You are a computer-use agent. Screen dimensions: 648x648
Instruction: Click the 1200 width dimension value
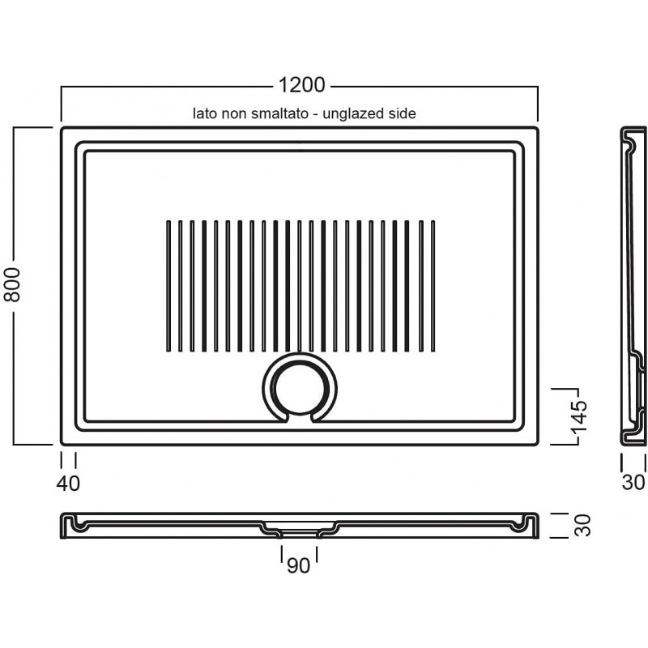click(x=301, y=85)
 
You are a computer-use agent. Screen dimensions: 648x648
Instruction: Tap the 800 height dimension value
click(x=12, y=284)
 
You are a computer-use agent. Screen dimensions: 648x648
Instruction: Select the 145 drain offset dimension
click(x=579, y=416)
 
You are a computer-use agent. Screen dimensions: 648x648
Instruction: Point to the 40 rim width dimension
click(x=68, y=483)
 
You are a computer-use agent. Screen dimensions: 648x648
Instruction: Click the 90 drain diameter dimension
click(x=298, y=565)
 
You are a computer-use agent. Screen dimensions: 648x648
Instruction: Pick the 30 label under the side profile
click(x=633, y=482)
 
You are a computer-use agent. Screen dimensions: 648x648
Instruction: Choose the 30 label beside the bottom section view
click(x=582, y=525)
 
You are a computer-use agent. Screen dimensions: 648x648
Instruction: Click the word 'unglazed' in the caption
click(x=353, y=113)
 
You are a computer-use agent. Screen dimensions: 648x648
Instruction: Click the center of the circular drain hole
click(x=300, y=389)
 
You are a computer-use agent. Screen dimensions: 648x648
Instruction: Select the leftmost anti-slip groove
click(x=168, y=286)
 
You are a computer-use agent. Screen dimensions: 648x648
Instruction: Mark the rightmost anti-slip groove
click(x=433, y=286)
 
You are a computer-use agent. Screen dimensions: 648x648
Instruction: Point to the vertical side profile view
click(x=633, y=286)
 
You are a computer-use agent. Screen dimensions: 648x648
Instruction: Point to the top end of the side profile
click(x=633, y=128)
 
